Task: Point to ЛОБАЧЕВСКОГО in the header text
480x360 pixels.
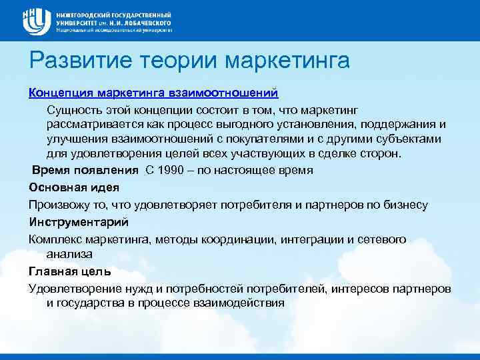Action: tap(140, 22)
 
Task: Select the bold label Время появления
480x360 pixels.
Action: tap(85, 169)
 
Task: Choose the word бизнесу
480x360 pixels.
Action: tap(404, 205)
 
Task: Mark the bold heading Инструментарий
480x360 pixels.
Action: tap(79, 221)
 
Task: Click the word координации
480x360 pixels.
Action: tap(241, 239)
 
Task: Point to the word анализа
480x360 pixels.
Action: tap(69, 254)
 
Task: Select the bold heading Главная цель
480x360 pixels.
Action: tap(69, 271)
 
